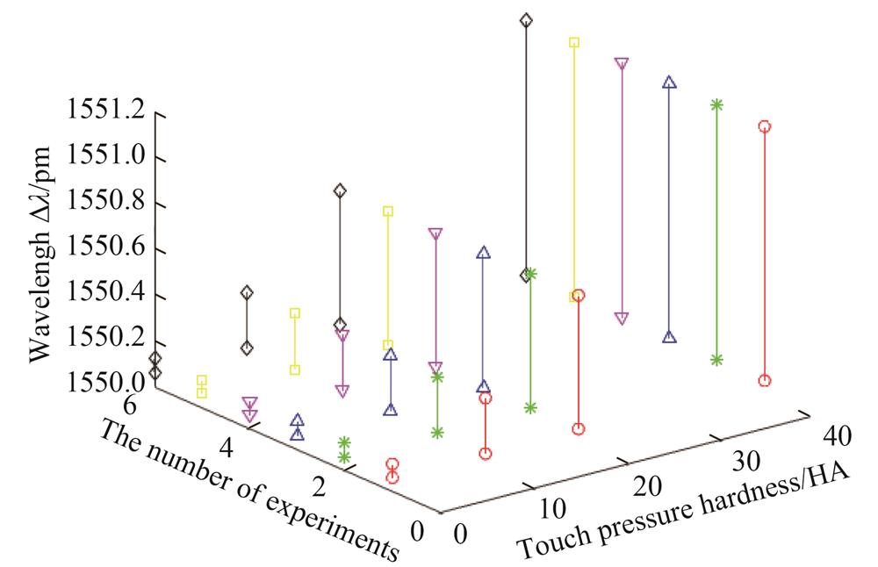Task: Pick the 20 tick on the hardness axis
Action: coord(648,484)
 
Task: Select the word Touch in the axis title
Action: coord(543,542)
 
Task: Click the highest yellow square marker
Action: coord(574,42)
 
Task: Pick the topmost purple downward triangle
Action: coord(622,63)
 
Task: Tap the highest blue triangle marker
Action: coord(669,83)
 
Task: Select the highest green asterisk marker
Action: coord(716,104)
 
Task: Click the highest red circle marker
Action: coord(764,126)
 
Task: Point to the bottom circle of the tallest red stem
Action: coord(764,381)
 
